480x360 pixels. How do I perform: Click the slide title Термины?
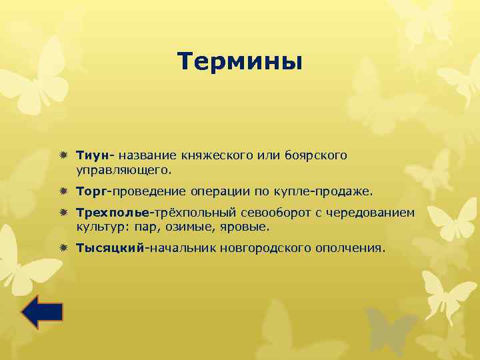[240, 62]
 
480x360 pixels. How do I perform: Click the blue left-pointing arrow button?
[42, 312]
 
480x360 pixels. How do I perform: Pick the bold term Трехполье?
[113, 213]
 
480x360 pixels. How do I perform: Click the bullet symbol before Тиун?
[63, 155]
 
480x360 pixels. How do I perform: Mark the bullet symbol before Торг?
[63, 192]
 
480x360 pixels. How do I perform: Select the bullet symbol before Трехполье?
[63, 213]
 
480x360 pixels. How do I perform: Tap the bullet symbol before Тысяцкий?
[63, 248]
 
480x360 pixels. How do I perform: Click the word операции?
[221, 192]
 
